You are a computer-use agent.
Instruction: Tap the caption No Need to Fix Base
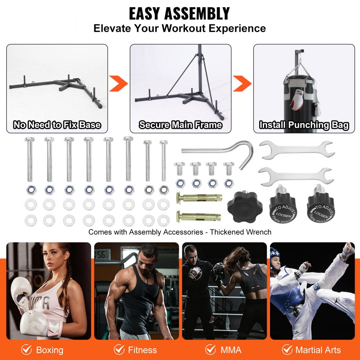pyautogui.click(x=57, y=125)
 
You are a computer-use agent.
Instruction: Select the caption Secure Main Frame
pyautogui.click(x=180, y=125)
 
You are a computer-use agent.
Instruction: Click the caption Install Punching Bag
pyautogui.click(x=304, y=125)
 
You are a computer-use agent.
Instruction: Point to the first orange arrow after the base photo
pyautogui.click(x=118, y=84)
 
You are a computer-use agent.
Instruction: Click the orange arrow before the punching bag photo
pyautogui.click(x=242, y=84)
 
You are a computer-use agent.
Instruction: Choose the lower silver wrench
pyautogui.click(x=295, y=176)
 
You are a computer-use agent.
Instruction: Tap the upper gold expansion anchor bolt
pyautogui.click(x=198, y=198)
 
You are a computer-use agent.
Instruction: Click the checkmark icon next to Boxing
pyautogui.click(x=26, y=350)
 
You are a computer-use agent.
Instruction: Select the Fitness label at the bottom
pyautogui.click(x=143, y=350)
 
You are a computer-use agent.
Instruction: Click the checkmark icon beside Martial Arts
pyautogui.click(x=287, y=350)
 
